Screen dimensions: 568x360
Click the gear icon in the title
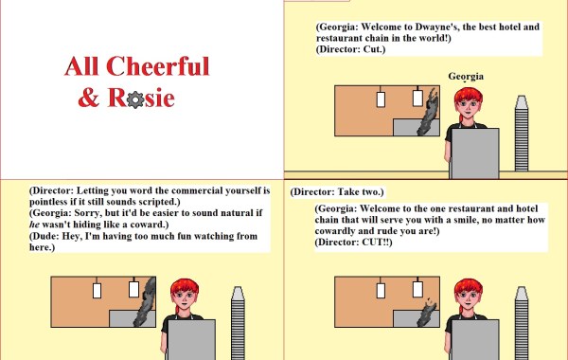pos(135,99)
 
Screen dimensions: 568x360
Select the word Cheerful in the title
pos(158,66)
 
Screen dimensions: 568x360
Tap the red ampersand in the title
pos(89,98)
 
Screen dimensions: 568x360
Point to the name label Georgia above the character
pos(466,77)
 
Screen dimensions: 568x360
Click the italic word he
pos(34,225)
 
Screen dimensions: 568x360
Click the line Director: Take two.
pos(337,191)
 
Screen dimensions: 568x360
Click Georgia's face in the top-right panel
pos(469,106)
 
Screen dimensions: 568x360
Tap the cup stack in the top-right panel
pos(522,133)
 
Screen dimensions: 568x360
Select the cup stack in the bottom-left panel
pos(238,323)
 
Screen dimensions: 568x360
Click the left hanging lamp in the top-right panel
pos(381,97)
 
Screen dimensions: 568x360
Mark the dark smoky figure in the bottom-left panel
pos(146,303)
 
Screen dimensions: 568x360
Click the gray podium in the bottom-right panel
pos(475,340)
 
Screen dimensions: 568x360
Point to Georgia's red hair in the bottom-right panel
pos(468,287)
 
